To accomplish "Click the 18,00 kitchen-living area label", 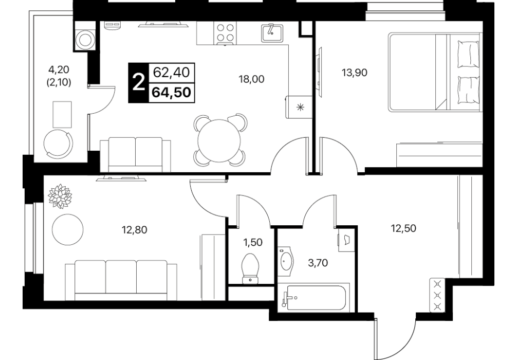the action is [x=252, y=79].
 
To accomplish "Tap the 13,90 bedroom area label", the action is [x=355, y=73].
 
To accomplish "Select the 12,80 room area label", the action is [x=134, y=229].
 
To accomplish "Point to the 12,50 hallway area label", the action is [x=403, y=228].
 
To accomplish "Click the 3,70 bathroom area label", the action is [x=318, y=263].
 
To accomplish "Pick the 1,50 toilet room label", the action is [x=252, y=243].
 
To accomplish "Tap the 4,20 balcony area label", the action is [x=59, y=69].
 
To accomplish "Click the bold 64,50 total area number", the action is [x=171, y=93].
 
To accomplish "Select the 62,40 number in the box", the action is [x=171, y=73].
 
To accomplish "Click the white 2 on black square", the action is [x=138, y=82].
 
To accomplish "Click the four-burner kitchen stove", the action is [x=226, y=33].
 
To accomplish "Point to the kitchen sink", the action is [x=272, y=33].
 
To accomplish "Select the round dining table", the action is [x=219, y=140].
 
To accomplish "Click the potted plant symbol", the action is [x=60, y=196].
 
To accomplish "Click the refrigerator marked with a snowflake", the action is [x=299, y=107].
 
